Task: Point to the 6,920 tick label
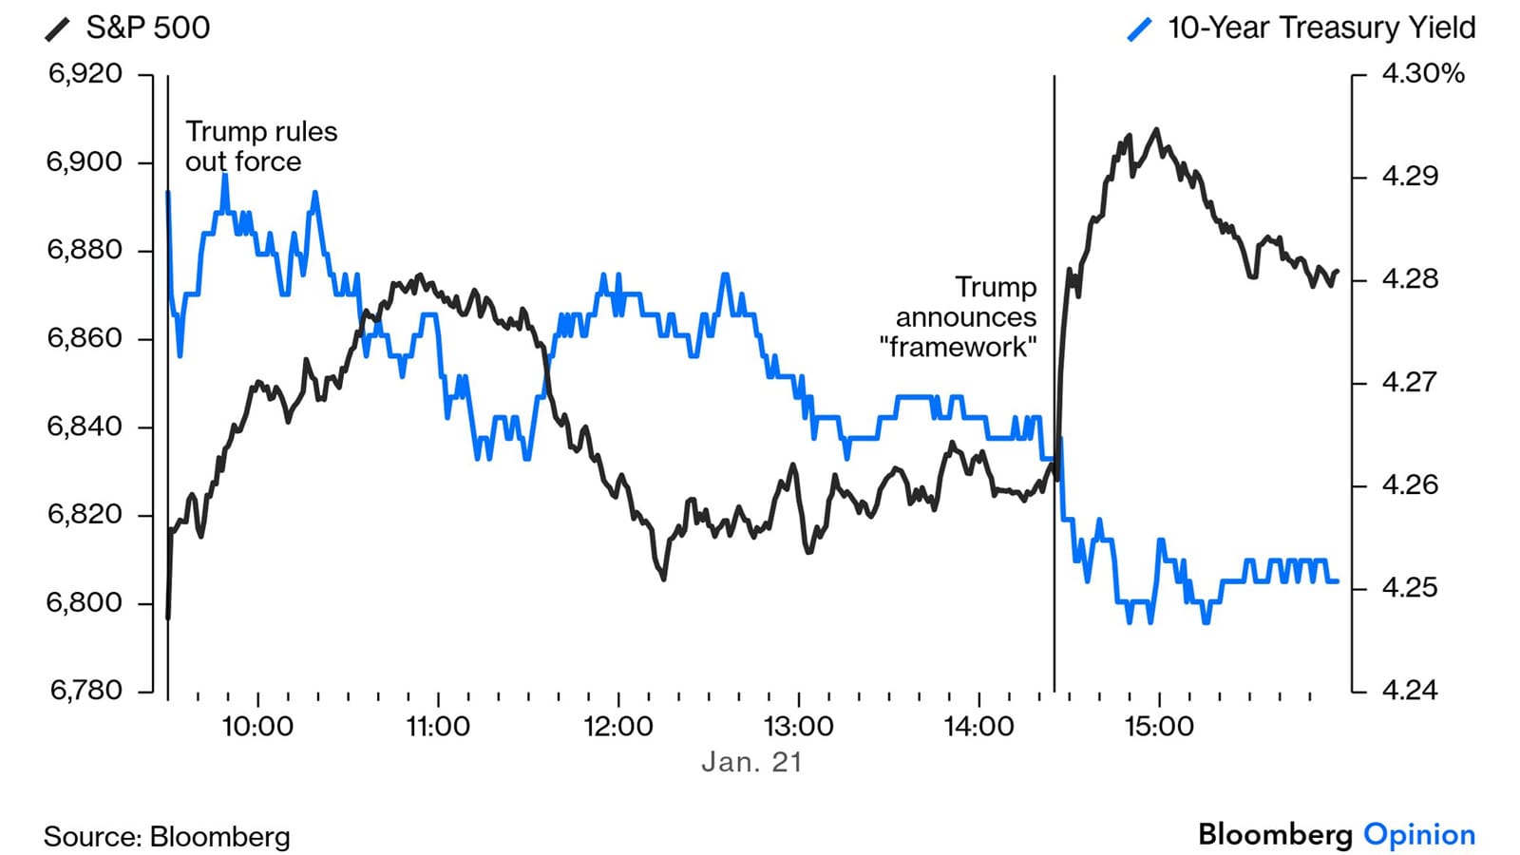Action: (85, 74)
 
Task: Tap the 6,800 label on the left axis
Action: (85, 602)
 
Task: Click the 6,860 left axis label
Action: (85, 338)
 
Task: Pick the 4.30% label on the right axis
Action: (1422, 74)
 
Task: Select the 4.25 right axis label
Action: (1410, 588)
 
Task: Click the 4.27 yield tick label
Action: (1410, 382)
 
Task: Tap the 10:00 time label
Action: (257, 727)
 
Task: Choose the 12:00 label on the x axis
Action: (618, 727)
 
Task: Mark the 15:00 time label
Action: (1159, 727)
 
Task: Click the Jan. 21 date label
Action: (751, 762)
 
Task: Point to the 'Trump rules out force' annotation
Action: (260, 146)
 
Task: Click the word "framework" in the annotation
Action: (958, 347)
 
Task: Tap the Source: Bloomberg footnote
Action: (167, 837)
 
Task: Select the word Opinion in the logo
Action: (1419, 835)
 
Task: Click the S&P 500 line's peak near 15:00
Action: (1156, 130)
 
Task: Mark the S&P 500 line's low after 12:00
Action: (663, 578)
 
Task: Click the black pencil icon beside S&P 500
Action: (58, 29)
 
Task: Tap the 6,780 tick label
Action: (85, 691)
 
